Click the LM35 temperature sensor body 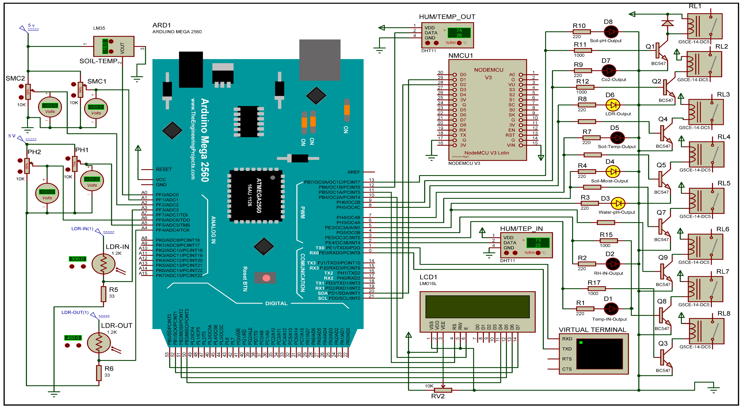point(114,46)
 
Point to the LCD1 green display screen point(477,306)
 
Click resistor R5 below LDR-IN point(103,294)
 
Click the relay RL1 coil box point(705,26)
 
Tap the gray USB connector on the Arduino point(320,60)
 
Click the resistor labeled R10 point(581,32)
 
